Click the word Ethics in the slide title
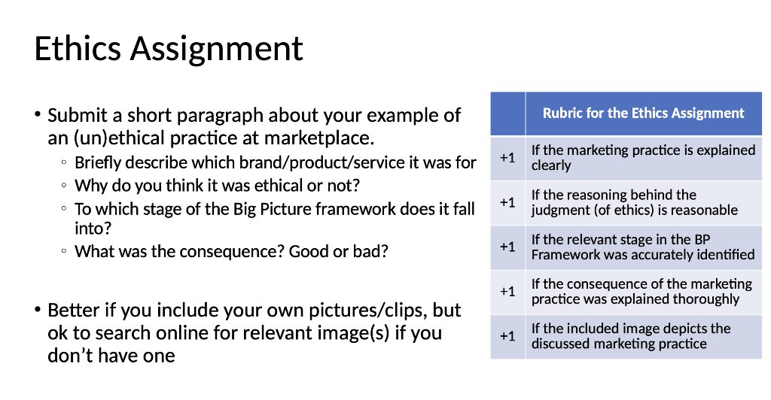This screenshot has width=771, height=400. pos(78,49)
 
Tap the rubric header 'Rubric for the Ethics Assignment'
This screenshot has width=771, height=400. pos(643,114)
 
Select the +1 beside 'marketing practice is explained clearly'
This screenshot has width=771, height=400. pos(507,158)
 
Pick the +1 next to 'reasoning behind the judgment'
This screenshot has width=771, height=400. pos(507,202)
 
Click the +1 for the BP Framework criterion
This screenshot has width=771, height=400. pos(507,247)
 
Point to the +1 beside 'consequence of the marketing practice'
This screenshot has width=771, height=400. pos(507,291)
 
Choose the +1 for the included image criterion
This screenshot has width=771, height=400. pos(507,335)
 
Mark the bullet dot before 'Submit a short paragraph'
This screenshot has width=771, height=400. pos(37,115)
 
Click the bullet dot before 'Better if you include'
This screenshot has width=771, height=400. pos(37,309)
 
